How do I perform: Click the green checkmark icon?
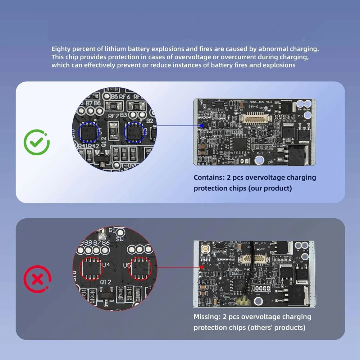[x=37, y=143]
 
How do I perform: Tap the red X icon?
[x=37, y=279]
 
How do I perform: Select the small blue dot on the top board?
[x=202, y=126]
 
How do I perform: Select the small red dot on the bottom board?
[x=202, y=267]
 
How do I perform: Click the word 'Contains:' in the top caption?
[x=209, y=178]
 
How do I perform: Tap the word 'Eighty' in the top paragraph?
[x=61, y=49]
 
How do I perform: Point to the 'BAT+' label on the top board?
[x=307, y=109]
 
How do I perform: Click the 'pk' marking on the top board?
[x=271, y=162]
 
